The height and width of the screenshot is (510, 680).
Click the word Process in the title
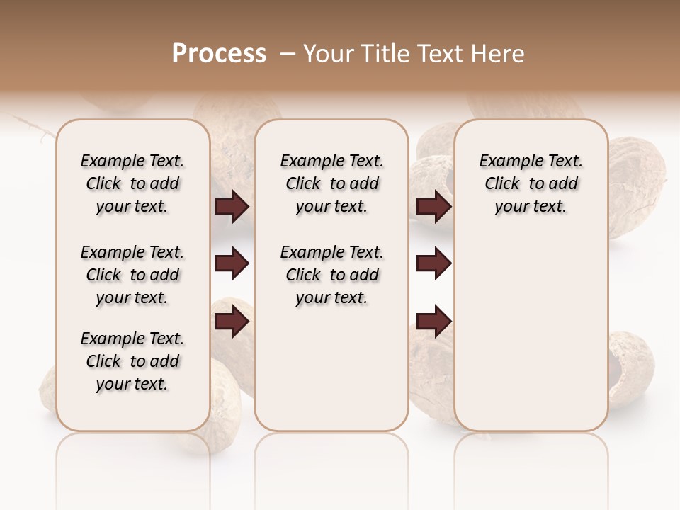point(218,53)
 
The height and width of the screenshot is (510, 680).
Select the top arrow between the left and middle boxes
point(232,206)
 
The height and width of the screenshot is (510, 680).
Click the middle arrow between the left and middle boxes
point(232,264)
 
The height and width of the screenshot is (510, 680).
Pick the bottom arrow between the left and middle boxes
point(232,322)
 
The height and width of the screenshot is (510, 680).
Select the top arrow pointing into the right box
point(433,206)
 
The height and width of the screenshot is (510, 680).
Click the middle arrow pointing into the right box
point(433,264)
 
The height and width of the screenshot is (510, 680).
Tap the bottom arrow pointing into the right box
point(433,322)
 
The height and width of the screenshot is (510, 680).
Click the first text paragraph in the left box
point(132,183)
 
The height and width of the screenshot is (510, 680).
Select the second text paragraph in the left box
point(132,275)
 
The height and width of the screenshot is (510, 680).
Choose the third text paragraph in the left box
point(132,361)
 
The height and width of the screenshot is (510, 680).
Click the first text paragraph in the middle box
point(331,183)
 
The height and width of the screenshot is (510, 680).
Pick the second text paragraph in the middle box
point(331,275)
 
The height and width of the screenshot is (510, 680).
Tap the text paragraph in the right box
point(531,183)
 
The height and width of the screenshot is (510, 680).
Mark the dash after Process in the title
point(287,54)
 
